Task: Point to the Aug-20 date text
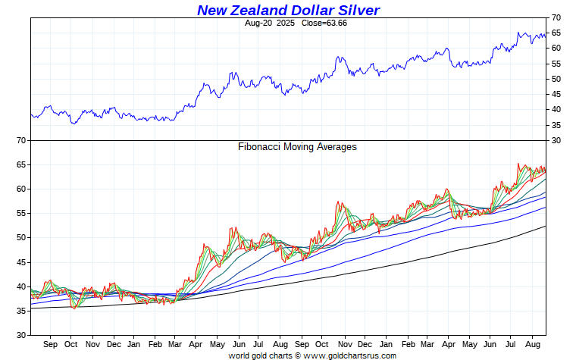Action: [259, 23]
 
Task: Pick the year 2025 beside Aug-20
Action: [286, 23]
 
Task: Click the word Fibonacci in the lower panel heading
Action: [260, 147]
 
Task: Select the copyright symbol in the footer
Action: [297, 355]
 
